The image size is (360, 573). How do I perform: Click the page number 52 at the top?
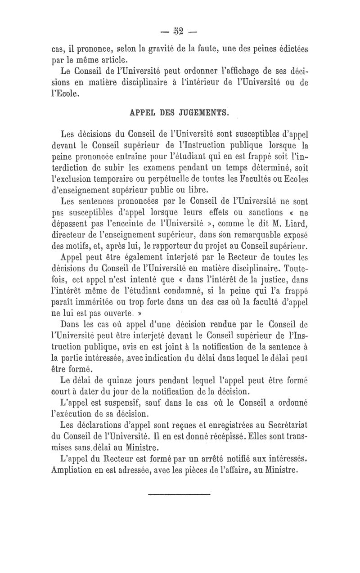(x=180, y=32)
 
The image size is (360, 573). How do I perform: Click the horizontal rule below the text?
(x=180, y=495)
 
